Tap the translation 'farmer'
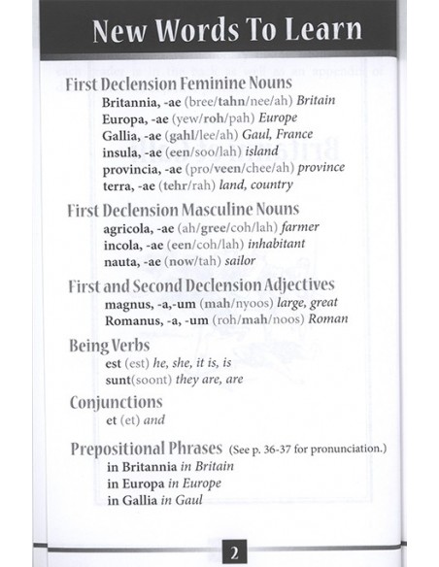click(297, 227)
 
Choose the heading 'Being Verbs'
click(112, 345)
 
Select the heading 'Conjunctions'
click(116, 400)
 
